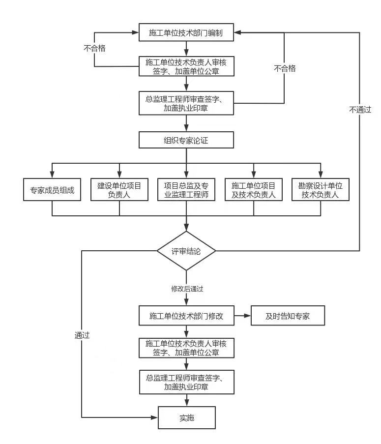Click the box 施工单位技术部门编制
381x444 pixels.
tap(186, 32)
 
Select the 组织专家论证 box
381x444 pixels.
tap(186, 140)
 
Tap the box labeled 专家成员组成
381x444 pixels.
tap(52, 189)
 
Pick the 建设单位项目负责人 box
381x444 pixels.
tap(119, 189)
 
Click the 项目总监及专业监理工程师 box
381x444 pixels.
tap(186, 189)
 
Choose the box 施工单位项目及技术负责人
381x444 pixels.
tap(253, 189)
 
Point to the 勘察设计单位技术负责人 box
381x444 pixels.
tap(321, 189)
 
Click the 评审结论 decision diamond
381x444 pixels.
tap(186, 251)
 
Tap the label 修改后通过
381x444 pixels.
tap(187, 289)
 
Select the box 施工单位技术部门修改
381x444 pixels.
tap(186, 316)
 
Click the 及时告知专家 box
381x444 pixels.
tap(288, 316)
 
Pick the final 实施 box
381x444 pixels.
tap(186, 417)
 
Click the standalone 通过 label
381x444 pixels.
tap(82, 335)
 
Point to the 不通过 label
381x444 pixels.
tap(360, 110)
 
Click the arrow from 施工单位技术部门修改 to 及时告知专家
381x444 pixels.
tap(242, 316)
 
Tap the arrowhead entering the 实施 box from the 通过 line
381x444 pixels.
tap(154, 417)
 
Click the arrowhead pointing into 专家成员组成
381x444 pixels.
tap(52, 175)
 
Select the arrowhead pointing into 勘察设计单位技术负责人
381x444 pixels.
tap(321, 175)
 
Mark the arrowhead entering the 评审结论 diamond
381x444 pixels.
tap(186, 228)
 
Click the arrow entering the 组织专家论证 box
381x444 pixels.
tap(186, 123)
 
